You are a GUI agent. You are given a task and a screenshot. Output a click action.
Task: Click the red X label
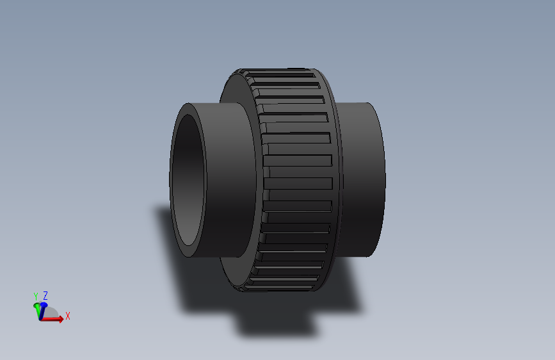(67, 316)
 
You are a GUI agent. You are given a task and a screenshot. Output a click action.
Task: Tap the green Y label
(36, 296)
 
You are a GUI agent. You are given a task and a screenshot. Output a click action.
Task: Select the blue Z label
(45, 295)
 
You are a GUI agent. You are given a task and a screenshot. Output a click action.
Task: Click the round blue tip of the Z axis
(44, 306)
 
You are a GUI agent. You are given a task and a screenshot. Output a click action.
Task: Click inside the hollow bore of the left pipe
(189, 179)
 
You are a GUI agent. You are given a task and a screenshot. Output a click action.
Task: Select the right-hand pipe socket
(365, 179)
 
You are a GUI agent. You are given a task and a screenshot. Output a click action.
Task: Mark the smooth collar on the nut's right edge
(337, 179)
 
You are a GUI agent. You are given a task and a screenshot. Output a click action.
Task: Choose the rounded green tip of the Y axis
(36, 305)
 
